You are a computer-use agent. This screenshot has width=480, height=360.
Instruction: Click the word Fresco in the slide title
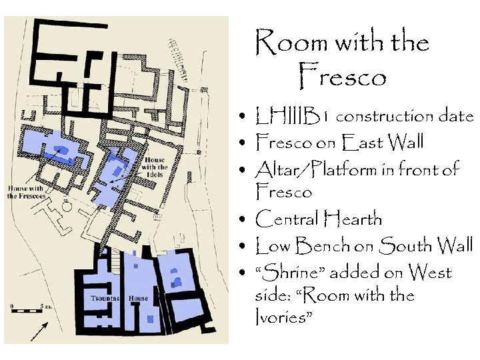pos(343,77)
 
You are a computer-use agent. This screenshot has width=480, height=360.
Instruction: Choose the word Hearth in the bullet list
pos(353,219)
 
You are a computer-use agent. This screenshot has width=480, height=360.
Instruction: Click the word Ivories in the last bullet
pos(283,317)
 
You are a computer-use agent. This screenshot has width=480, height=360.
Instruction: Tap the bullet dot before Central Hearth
pos(246,220)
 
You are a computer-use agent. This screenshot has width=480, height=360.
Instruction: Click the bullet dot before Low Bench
pos(246,247)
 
